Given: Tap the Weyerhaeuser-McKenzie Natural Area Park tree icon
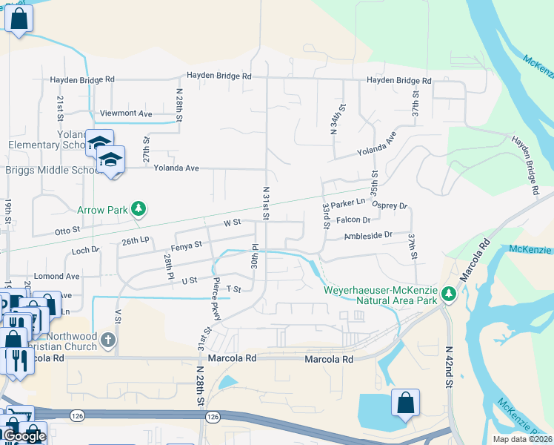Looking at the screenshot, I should click(448, 294).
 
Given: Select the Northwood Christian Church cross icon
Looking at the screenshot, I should click(108, 340).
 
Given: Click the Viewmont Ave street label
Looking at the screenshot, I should click(130, 113).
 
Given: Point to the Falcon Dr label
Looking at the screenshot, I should click(353, 220).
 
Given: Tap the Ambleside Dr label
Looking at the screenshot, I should click(368, 235).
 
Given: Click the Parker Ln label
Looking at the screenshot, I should click(349, 203).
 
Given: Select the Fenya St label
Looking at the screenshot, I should click(186, 245).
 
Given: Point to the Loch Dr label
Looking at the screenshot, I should click(85, 251).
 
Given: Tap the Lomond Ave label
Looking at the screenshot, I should click(56, 276).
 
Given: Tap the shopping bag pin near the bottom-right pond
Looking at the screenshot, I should click(405, 403).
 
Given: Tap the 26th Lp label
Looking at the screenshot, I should click(136, 240).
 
